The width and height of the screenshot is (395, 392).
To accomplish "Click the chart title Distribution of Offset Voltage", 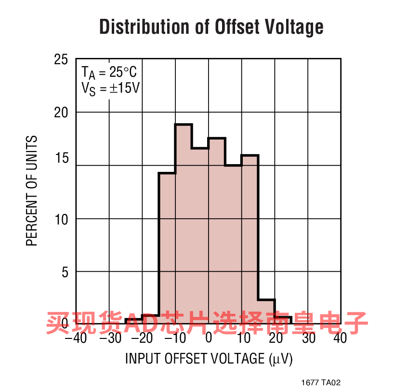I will [211, 27].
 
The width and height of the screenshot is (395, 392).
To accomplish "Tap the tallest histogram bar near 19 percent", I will [184, 222].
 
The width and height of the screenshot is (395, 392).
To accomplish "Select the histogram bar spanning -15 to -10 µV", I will [167, 246].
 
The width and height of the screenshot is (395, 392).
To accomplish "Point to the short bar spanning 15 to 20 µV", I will [266, 311].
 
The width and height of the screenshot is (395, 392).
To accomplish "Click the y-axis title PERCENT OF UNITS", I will [32, 191].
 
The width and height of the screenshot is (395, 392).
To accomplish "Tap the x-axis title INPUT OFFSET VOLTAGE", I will [209, 359].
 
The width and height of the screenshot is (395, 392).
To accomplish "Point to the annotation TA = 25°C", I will [109, 73].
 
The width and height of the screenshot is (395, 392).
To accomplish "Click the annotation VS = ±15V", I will [110, 89].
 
